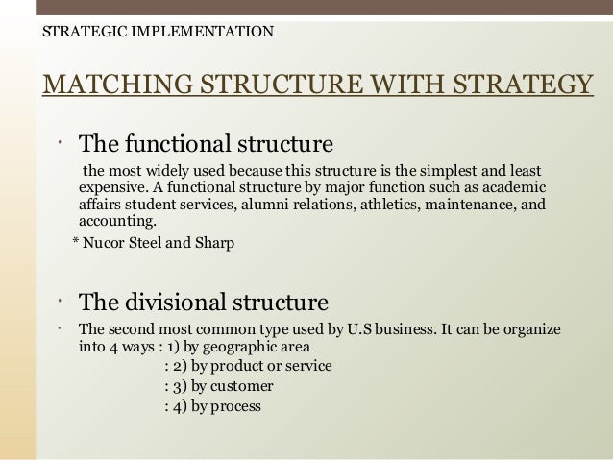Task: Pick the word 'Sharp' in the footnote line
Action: tap(214, 243)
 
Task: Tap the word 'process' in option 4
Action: tap(236, 405)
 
